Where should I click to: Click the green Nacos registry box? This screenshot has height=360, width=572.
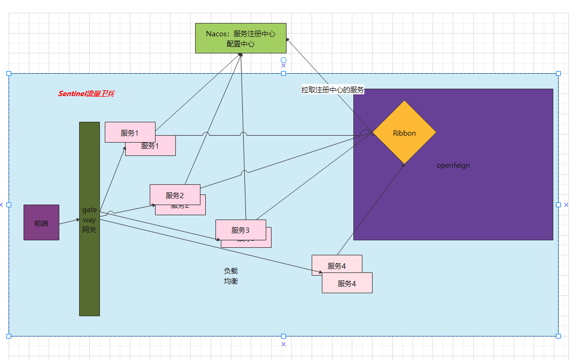(x=241, y=38)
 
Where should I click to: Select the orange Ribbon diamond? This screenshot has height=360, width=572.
(x=404, y=132)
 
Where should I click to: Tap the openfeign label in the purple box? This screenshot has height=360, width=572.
(x=453, y=166)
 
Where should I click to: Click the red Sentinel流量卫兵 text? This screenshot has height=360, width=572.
(x=86, y=93)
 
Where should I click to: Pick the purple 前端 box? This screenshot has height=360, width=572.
(x=41, y=223)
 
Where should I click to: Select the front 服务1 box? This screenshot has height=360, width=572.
(x=130, y=132)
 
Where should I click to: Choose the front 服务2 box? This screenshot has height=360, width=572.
(x=175, y=195)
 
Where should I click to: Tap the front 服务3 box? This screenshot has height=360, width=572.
(x=241, y=230)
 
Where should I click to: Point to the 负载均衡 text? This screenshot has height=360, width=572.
(x=230, y=276)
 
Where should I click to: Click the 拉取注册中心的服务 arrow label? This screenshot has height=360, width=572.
(x=333, y=90)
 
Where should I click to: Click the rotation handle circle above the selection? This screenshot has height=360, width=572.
(x=283, y=60)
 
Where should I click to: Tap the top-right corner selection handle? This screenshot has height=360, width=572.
(x=558, y=73)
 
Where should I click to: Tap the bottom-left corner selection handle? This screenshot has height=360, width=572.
(x=9, y=336)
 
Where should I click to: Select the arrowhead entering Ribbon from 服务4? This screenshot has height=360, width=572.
(x=403, y=166)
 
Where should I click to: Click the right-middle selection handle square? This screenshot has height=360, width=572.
(x=558, y=205)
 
